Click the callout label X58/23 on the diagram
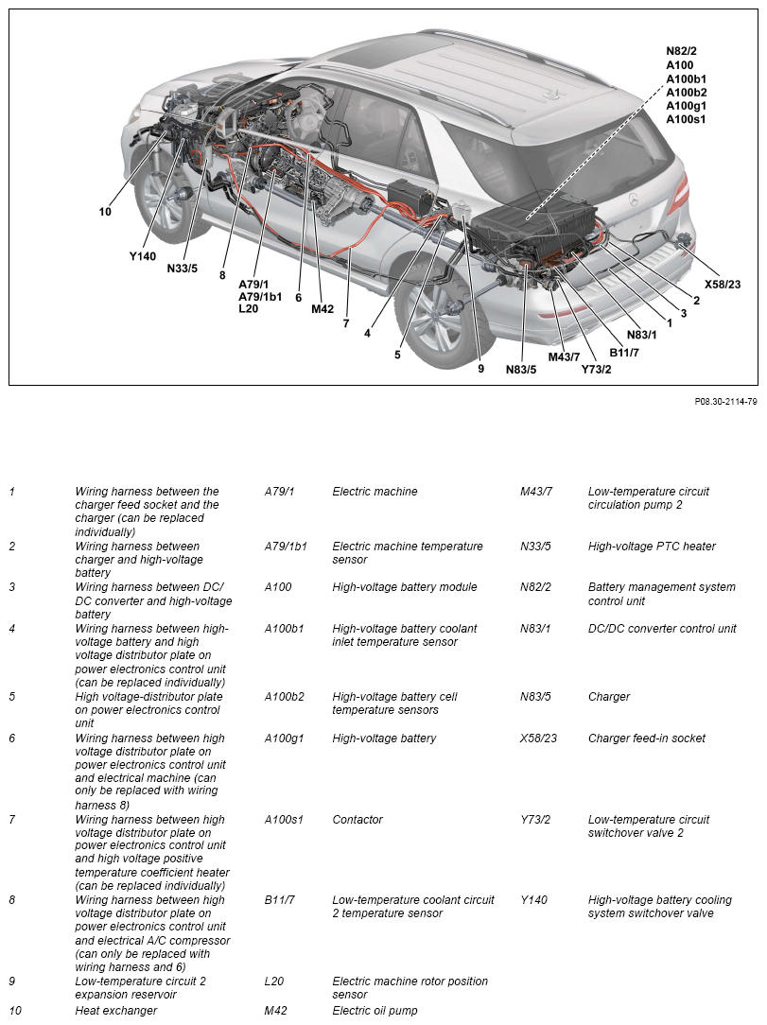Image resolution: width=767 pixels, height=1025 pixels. pos(722,283)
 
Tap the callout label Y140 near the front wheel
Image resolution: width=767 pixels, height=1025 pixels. pos(143,255)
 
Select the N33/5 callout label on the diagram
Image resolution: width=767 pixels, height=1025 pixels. pos(182,268)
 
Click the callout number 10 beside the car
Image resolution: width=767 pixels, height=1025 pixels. pos(105,212)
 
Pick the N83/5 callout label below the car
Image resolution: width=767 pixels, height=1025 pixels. pos(520,370)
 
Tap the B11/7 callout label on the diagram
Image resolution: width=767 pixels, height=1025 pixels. pos(624,353)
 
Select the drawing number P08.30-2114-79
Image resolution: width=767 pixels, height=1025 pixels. pos(725,401)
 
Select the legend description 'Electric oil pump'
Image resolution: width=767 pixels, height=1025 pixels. pos(375,1011)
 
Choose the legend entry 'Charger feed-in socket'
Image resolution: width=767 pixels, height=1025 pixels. pos(646,738)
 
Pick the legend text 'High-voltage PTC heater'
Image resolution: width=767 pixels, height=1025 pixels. pos(652,547)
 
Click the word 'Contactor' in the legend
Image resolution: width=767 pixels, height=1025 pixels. pos(357,820)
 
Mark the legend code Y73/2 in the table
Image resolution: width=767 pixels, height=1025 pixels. pos(537,820)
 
